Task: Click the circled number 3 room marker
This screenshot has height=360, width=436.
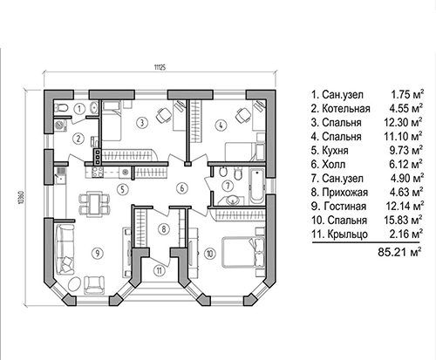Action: (x=142, y=123)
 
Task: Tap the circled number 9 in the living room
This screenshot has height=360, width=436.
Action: (x=97, y=253)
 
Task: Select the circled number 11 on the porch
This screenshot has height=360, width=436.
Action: (x=159, y=271)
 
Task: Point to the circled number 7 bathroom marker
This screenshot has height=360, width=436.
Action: (x=228, y=186)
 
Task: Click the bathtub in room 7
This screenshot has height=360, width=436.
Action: (x=257, y=186)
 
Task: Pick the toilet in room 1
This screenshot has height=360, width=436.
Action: (x=61, y=108)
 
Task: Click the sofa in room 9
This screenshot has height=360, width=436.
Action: (x=65, y=249)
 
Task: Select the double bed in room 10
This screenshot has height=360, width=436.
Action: (x=243, y=252)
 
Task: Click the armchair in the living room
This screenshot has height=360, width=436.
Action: (x=94, y=285)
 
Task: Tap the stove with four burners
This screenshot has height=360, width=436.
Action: (x=97, y=172)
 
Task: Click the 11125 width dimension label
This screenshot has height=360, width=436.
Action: (x=160, y=68)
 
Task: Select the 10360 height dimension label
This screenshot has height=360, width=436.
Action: (x=20, y=198)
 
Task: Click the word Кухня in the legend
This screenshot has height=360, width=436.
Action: (x=335, y=151)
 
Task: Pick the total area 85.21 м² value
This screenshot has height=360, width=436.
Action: (x=399, y=252)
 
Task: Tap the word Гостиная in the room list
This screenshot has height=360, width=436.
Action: (x=344, y=207)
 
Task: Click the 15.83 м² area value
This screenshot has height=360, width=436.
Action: (x=404, y=220)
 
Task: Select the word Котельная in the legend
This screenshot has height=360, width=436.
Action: (x=346, y=109)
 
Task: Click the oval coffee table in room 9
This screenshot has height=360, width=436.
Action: (x=74, y=284)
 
